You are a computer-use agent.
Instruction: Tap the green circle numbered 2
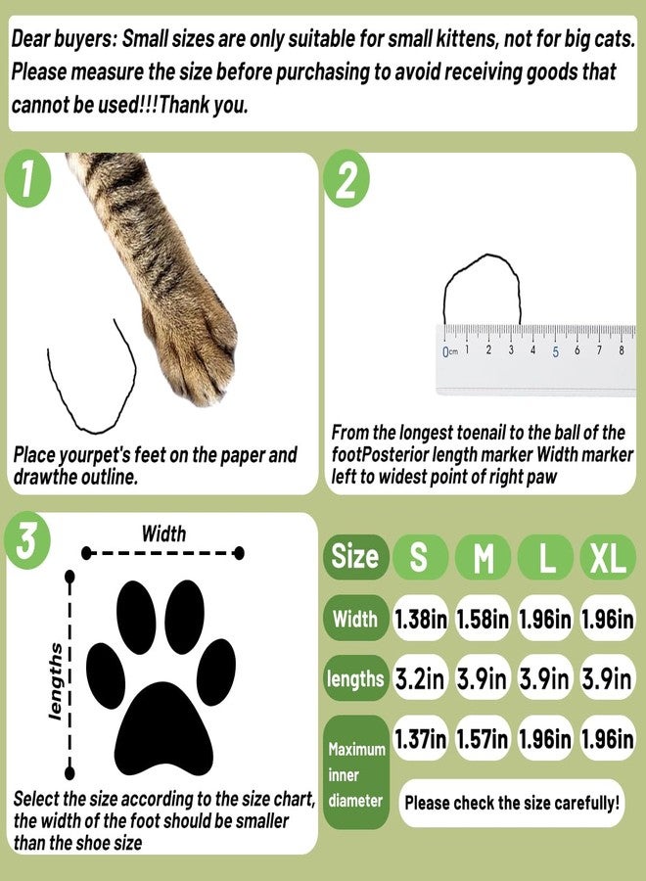[346, 181]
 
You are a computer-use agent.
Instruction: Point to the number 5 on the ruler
[556, 351]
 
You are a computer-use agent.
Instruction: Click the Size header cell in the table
[354, 557]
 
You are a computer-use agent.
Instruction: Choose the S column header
[419, 558]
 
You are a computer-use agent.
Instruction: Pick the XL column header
[608, 558]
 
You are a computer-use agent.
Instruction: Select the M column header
[483, 558]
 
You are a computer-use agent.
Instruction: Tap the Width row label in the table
[354, 619]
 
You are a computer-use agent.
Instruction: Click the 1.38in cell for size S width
[420, 619]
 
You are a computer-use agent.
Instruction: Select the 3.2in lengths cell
[420, 678]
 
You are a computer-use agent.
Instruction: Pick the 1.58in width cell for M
[483, 619]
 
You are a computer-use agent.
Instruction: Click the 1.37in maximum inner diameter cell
[420, 739]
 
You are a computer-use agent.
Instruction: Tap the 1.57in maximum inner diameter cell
[483, 739]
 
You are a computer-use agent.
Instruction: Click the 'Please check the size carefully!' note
[512, 803]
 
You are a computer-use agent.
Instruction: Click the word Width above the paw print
[163, 533]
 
